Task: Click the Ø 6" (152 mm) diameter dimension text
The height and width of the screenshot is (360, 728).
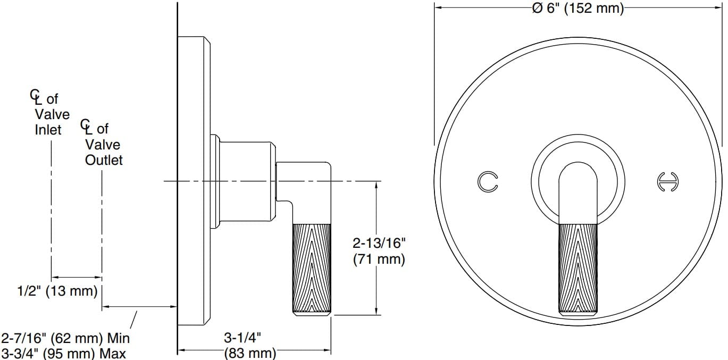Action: click(578, 9)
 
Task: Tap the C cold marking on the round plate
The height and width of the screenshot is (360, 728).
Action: click(487, 181)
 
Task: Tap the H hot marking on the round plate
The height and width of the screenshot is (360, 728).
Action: click(668, 181)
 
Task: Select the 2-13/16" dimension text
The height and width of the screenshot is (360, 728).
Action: click(379, 244)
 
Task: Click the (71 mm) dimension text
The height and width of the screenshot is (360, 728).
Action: click(379, 259)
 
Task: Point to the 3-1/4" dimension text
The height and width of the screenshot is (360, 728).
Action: click(242, 338)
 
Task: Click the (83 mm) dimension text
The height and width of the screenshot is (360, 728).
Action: click(250, 353)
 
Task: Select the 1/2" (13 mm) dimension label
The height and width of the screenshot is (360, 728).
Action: click(57, 291)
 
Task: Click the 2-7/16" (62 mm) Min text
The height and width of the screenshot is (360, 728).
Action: click(65, 338)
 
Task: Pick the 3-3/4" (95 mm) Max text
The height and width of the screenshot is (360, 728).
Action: click(64, 353)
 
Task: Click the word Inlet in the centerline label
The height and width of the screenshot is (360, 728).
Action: click(48, 129)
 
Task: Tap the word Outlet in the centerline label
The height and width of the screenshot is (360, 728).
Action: click(104, 160)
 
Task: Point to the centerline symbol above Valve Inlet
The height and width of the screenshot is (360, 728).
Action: click(35, 97)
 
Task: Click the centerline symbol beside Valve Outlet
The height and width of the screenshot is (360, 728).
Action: click(86, 127)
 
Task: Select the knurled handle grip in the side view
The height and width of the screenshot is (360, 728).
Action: click(312, 269)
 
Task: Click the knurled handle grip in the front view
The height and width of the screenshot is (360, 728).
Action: click(578, 269)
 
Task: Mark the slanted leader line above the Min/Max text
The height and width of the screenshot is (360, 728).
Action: click(135, 319)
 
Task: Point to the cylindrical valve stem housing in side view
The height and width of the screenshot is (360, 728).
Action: click(247, 181)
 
